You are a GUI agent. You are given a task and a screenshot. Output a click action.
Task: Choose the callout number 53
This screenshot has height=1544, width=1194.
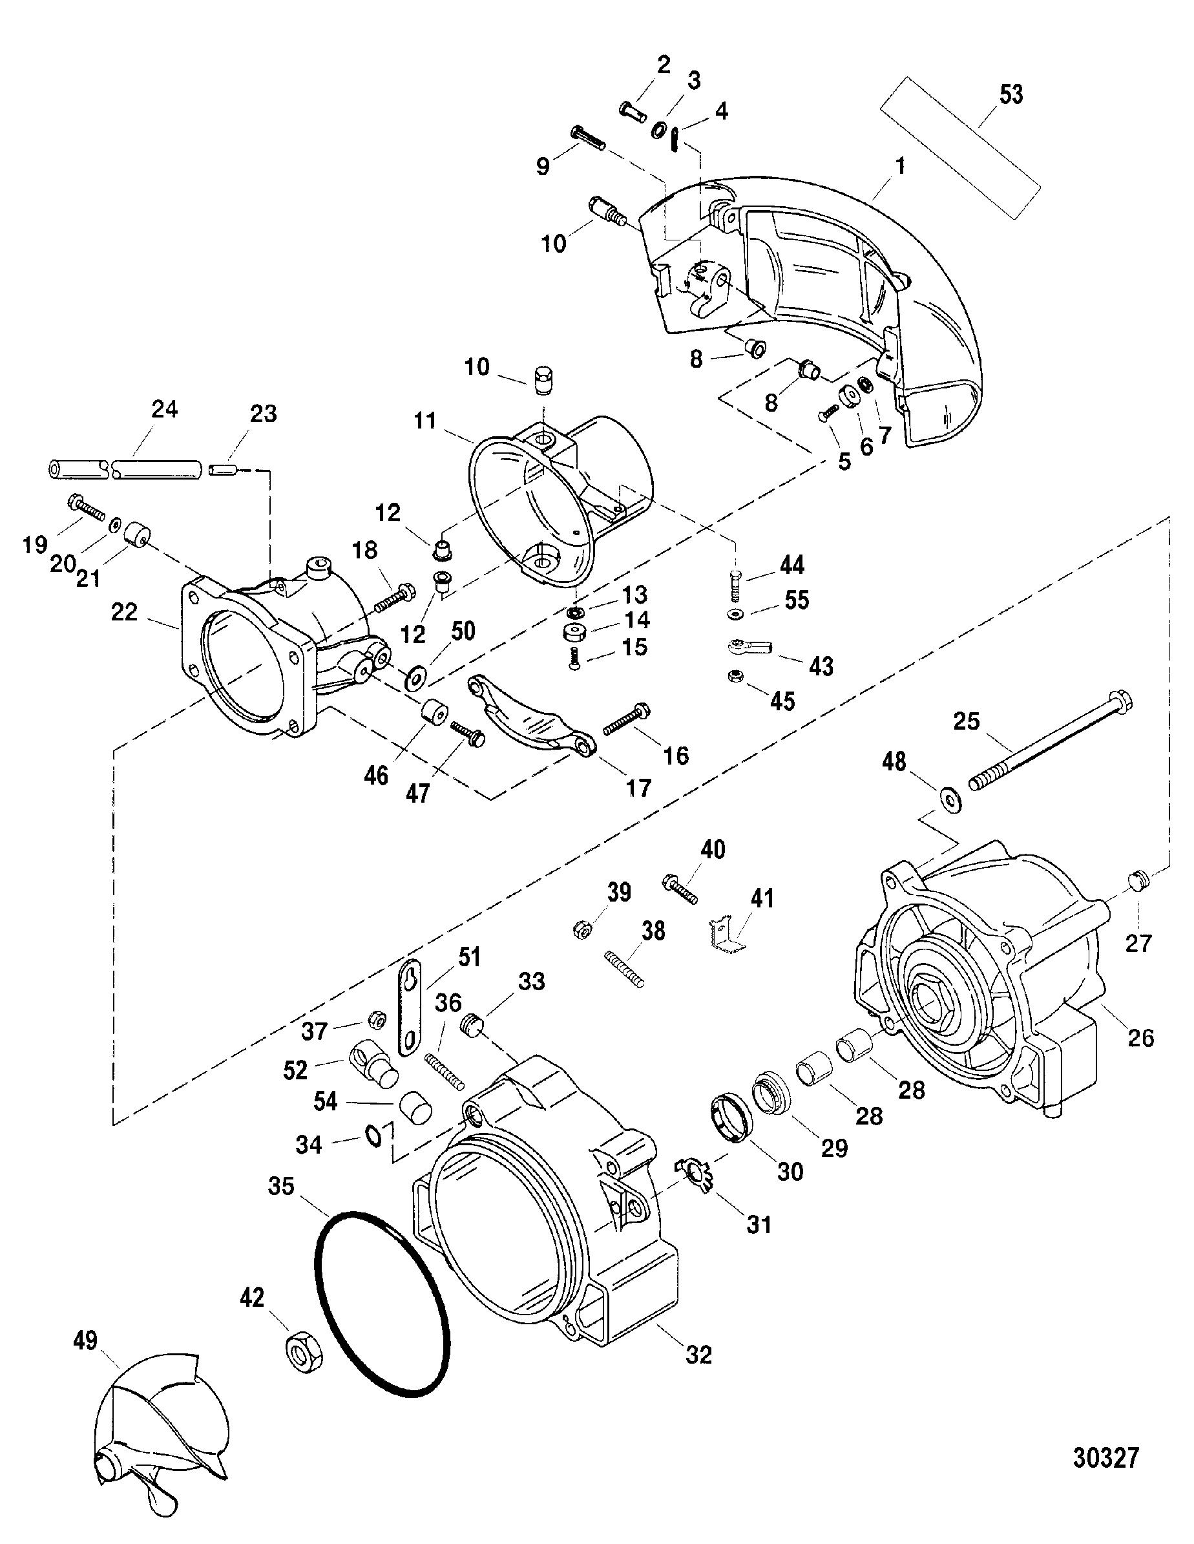[x=1011, y=94]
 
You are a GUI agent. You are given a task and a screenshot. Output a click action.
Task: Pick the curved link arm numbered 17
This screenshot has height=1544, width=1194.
[x=531, y=715]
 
